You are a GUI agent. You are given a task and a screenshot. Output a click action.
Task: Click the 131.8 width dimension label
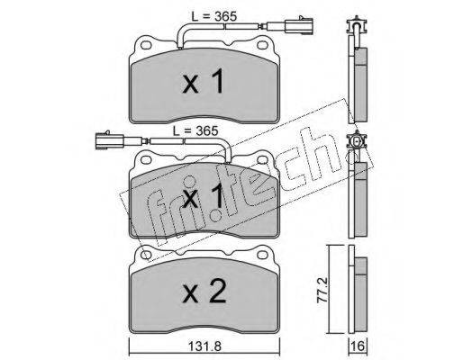coord(204,346)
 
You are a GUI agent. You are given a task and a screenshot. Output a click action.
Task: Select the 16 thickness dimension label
coord(358,346)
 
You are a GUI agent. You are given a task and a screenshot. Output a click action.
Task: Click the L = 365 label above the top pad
coord(214,16)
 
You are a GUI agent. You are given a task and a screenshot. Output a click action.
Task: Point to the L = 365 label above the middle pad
coord(195,130)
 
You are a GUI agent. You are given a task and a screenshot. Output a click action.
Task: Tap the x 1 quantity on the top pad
coord(204,81)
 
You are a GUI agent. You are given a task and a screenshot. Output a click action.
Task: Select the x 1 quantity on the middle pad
coord(204,196)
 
